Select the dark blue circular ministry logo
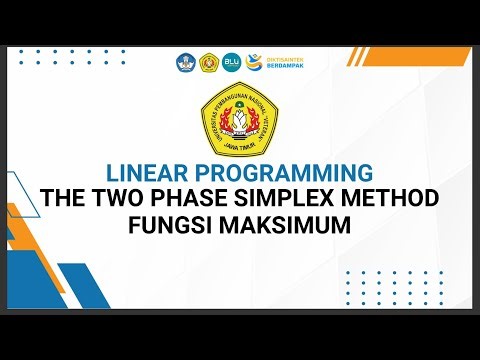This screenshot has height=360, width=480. coord(187,62)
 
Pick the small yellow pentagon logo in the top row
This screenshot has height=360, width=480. coord(209,62)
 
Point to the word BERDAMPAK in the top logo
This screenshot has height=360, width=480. coord(282,67)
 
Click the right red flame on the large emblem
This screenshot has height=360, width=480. coord(253,125)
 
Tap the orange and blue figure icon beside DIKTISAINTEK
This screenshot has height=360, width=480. coord(255,61)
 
